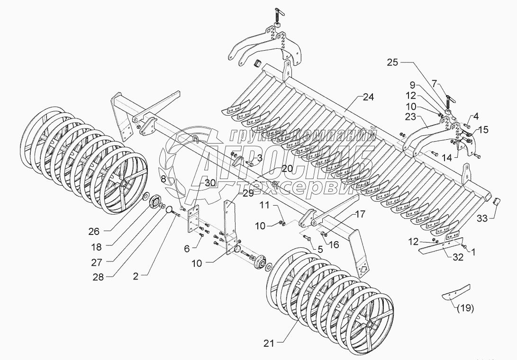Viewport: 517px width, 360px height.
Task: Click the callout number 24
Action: pyautogui.click(x=368, y=97)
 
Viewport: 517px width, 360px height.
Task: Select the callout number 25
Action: pyautogui.click(x=393, y=62)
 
